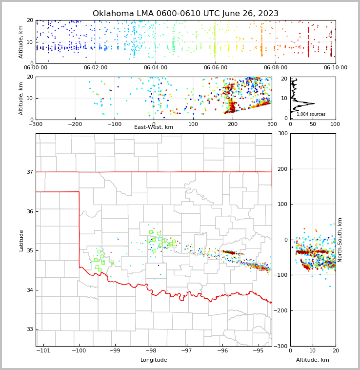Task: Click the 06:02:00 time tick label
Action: pos(96,68)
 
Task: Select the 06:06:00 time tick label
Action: pos(215,68)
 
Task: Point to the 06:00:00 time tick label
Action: pos(36,68)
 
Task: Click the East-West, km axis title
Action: pos(154,127)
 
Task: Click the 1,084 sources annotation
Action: pos(311,114)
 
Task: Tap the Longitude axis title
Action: pos(154,360)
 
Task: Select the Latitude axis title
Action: pos(21,240)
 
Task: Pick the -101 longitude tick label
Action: pos(43,350)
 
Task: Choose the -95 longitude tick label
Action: pos(258,350)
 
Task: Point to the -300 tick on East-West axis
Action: pos(36,124)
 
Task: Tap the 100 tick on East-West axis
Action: pos(193,124)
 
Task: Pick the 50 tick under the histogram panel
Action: pos(313,124)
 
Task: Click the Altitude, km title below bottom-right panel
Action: pos(313,360)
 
